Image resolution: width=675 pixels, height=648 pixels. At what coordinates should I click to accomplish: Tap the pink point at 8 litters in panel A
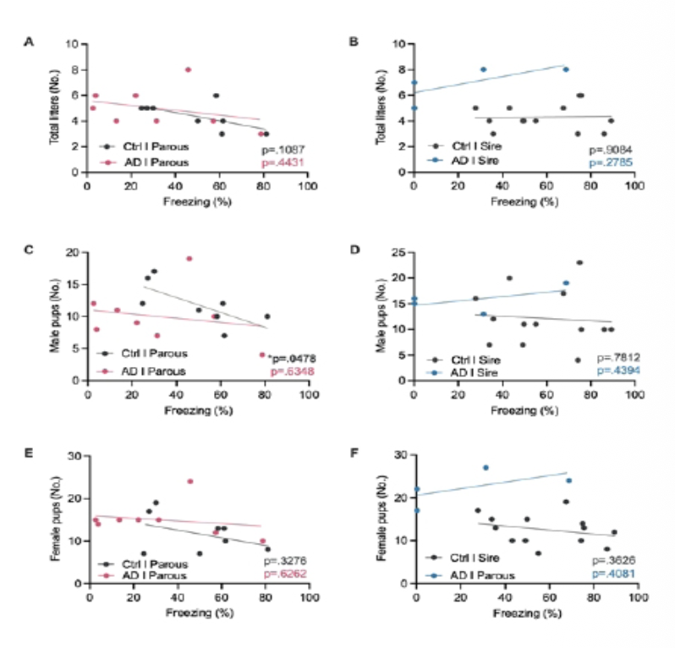pos(189,69)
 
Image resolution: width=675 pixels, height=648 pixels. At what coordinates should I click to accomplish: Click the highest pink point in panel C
pos(189,259)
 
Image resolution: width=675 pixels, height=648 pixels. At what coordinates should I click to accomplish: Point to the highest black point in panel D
pos(579,262)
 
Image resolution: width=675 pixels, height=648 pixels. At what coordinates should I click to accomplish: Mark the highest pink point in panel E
pos(190,481)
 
